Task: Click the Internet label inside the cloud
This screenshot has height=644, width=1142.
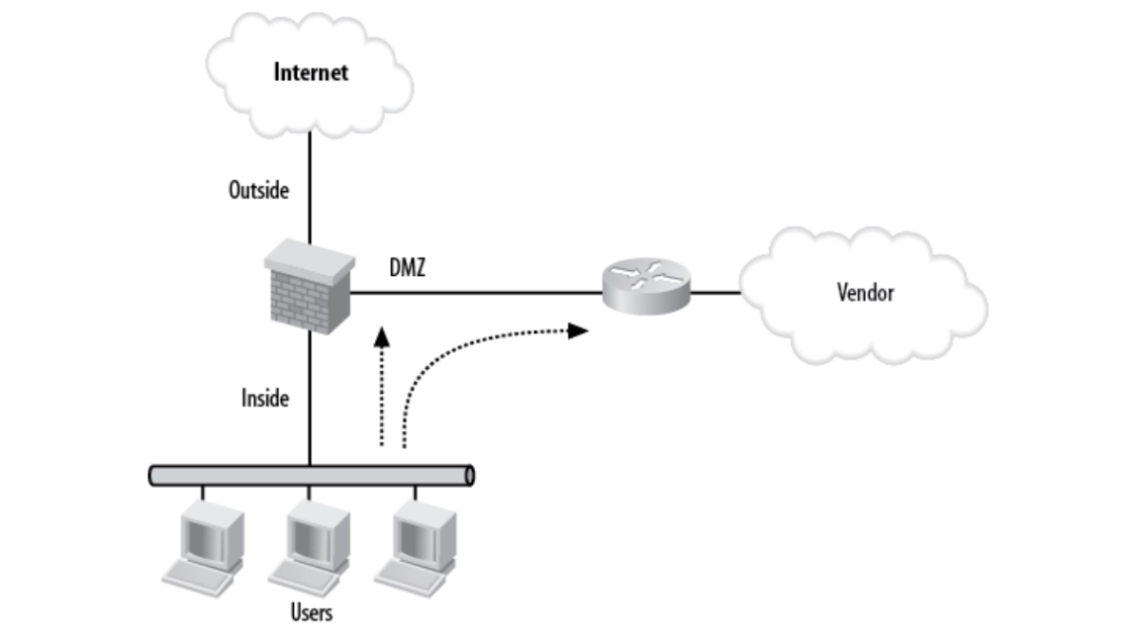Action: (x=311, y=71)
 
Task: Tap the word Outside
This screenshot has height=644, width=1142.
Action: (x=258, y=190)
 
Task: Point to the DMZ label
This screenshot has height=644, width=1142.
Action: (x=406, y=269)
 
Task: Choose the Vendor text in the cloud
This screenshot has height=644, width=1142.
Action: (x=865, y=292)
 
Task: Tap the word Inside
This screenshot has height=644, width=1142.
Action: (x=265, y=398)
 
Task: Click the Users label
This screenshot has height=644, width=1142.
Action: (x=311, y=612)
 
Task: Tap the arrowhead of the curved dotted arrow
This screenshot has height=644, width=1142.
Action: (x=579, y=330)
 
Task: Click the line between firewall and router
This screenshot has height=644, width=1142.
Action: (x=476, y=293)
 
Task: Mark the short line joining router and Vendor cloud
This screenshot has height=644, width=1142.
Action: (x=716, y=293)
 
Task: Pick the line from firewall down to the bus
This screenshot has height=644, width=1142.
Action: (x=309, y=419)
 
